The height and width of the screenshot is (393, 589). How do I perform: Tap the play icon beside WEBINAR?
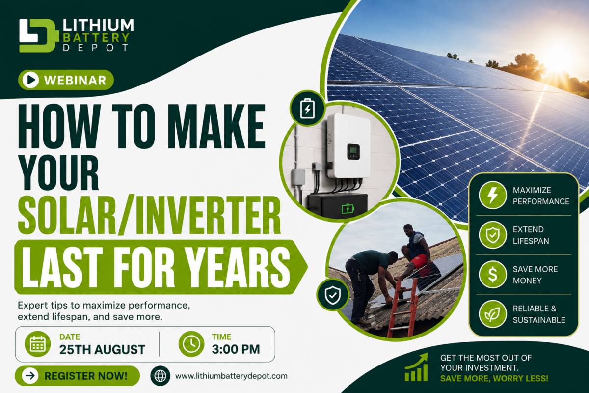click(31, 80)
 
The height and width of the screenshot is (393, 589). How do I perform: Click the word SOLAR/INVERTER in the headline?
click(149, 215)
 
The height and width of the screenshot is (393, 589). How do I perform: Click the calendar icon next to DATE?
click(38, 344)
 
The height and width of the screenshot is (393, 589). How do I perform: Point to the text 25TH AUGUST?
click(102, 350)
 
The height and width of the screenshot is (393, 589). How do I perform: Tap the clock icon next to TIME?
click(191, 344)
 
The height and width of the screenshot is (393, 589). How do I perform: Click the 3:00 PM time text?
click(236, 349)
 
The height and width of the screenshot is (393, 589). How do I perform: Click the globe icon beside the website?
click(161, 376)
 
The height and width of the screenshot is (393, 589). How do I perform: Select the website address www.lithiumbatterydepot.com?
click(231, 376)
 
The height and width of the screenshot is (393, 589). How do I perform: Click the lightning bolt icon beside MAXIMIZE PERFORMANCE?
click(492, 195)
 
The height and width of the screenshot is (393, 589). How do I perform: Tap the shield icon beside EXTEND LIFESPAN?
click(492, 235)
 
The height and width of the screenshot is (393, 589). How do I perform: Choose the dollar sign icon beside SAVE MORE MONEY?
click(492, 274)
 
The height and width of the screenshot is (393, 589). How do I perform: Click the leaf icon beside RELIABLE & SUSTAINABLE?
click(492, 314)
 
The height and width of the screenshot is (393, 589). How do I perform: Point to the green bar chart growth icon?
click(417, 367)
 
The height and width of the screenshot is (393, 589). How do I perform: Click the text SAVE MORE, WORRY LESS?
click(494, 378)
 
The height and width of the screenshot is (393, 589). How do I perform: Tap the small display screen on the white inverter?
click(353, 152)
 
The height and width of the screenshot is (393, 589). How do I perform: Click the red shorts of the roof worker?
click(418, 261)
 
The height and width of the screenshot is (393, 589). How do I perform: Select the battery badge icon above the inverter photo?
click(307, 109)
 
